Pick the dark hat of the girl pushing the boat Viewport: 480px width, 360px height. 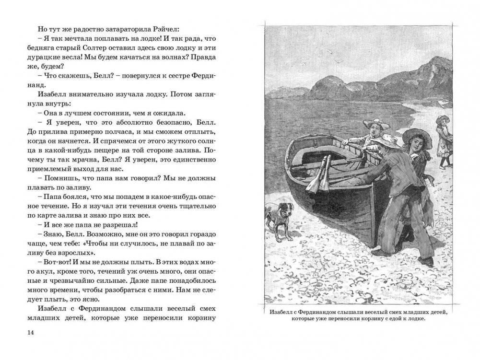pyautogui.click(x=416, y=136)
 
